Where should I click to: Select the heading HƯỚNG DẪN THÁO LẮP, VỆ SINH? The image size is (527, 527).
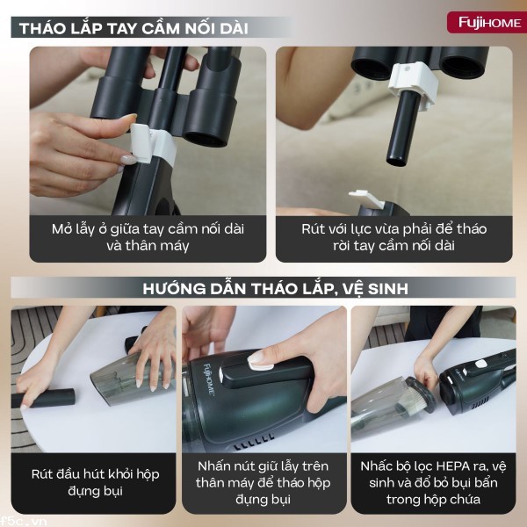click(263, 287)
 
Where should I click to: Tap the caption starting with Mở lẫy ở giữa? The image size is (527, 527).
click(147, 237)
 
